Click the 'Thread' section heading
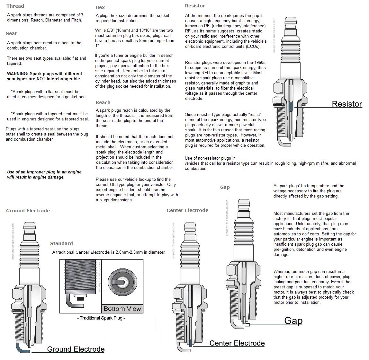[x=15, y=6]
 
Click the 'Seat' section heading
[x=11, y=33]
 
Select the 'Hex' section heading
[x=100, y=7]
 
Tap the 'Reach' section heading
[x=103, y=102]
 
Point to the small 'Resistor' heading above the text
[x=195, y=6]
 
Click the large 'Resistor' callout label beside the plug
[x=346, y=104]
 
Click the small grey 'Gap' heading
[x=225, y=187]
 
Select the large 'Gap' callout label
[x=293, y=321]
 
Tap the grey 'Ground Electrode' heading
[x=28, y=211]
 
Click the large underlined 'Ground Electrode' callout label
[x=76, y=349]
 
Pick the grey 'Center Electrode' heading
[x=187, y=210]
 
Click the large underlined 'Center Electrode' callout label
[x=237, y=343]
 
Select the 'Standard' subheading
[x=61, y=243]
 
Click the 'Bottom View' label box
[x=122, y=309]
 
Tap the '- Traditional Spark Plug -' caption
[x=101, y=318]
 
